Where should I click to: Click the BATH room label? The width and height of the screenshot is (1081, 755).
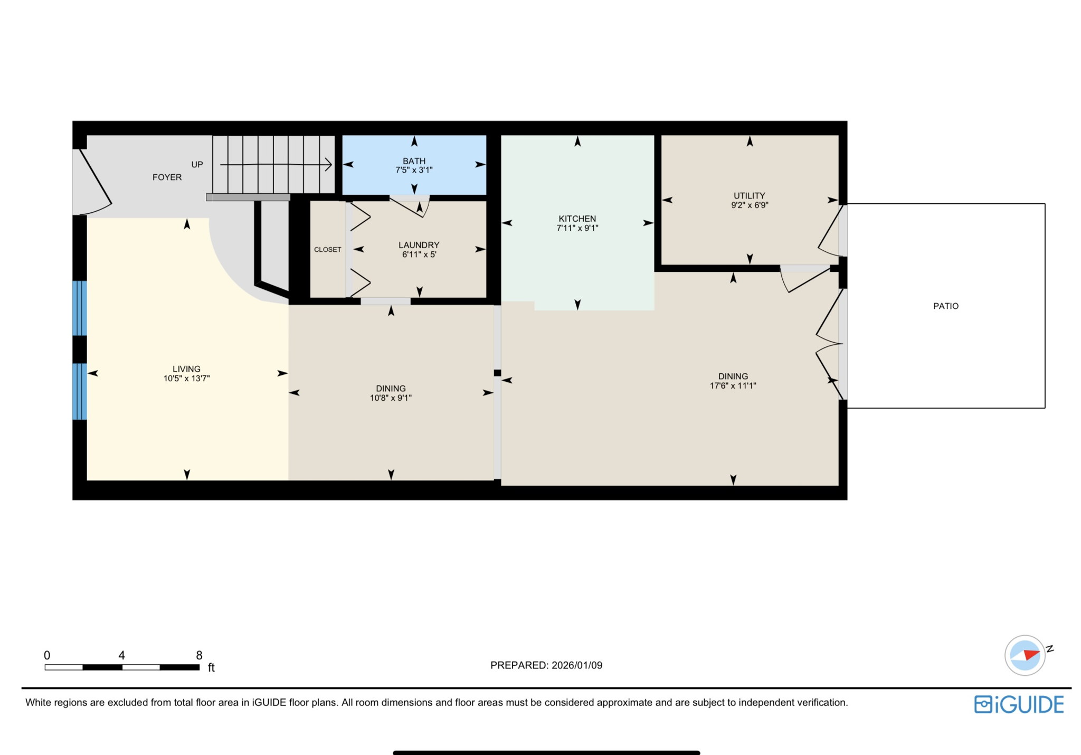pyautogui.click(x=414, y=161)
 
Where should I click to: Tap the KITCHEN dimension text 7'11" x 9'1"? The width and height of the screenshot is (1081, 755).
pyautogui.click(x=577, y=228)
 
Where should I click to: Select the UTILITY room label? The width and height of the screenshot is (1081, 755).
pyautogui.click(x=749, y=196)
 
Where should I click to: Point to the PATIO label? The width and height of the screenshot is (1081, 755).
pyautogui.click(x=945, y=306)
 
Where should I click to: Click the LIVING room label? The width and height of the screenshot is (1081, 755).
pyautogui.click(x=186, y=369)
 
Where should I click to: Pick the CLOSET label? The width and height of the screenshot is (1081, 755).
pyautogui.click(x=327, y=250)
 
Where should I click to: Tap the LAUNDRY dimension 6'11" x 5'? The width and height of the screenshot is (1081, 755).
pyautogui.click(x=419, y=254)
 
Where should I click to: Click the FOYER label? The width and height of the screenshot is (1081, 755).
pyautogui.click(x=167, y=177)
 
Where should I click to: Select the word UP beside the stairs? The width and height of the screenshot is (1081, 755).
pyautogui.click(x=197, y=165)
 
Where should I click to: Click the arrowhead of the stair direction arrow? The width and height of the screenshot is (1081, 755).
pyautogui.click(x=329, y=165)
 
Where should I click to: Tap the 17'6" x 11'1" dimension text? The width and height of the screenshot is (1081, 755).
pyautogui.click(x=733, y=386)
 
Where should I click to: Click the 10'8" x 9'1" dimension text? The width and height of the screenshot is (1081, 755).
pyautogui.click(x=391, y=398)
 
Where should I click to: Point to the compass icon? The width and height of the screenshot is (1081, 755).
pyautogui.click(x=1025, y=655)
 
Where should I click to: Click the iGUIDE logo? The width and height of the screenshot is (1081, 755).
pyautogui.click(x=1019, y=705)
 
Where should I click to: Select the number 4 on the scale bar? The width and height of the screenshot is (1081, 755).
pyautogui.click(x=121, y=655)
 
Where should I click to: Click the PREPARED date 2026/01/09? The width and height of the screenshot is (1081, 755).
pyautogui.click(x=576, y=665)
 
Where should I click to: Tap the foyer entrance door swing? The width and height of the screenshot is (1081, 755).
pyautogui.click(x=95, y=182)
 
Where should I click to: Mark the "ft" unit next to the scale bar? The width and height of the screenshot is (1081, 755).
pyautogui.click(x=211, y=668)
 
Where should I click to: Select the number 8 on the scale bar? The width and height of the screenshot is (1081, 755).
pyautogui.click(x=199, y=655)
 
